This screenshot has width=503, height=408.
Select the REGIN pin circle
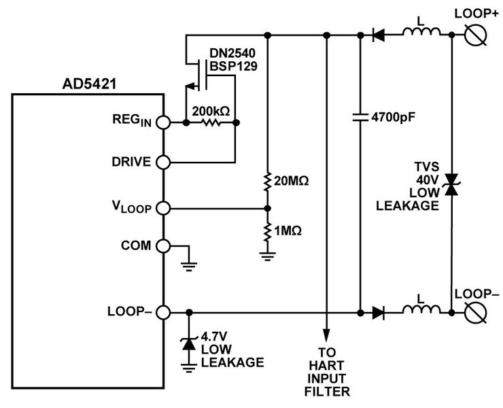point(164,123)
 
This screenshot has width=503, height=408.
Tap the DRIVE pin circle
point(164,163)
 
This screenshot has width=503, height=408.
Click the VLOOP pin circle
point(164,208)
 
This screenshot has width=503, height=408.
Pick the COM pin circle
point(164,245)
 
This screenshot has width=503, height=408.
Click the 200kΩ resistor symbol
point(210,123)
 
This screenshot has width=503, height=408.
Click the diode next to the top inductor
point(379,34)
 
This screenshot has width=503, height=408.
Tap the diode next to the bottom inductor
point(379,313)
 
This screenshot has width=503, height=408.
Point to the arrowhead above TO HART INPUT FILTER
point(328,333)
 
